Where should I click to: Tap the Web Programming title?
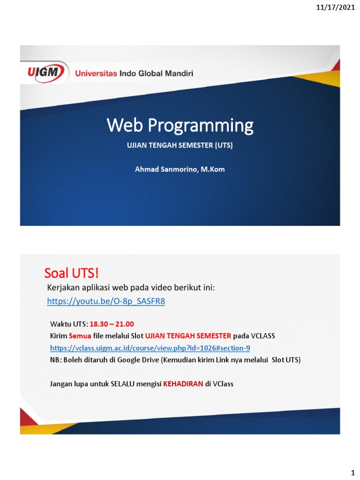pos(180,125)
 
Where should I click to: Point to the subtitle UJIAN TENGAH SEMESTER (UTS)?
pos(180,145)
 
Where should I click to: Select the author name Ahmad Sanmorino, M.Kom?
pos(180,169)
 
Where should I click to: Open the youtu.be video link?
pos(106,301)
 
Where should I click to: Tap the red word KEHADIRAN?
pos(183,384)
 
